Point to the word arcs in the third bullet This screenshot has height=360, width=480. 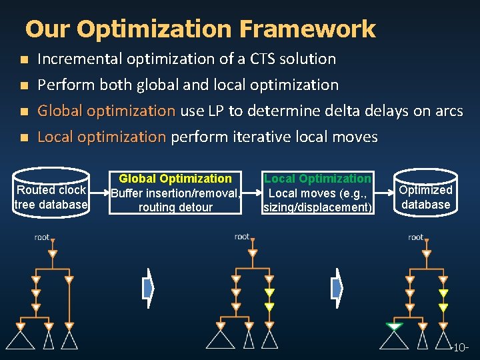446,111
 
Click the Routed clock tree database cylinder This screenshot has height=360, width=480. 51,197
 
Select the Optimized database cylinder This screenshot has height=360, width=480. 425,195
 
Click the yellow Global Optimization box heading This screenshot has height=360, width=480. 175,179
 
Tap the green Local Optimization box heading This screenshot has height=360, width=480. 317,179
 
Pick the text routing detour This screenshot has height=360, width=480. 175,207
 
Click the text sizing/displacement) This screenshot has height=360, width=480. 318,207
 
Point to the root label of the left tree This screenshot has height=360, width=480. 43,237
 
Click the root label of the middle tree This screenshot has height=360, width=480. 243,237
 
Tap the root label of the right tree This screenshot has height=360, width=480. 416,237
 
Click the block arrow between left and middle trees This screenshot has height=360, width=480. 147,287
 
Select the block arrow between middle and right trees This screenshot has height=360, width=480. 337,287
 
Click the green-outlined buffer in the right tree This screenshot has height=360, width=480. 394,327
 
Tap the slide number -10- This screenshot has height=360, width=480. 461,348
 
